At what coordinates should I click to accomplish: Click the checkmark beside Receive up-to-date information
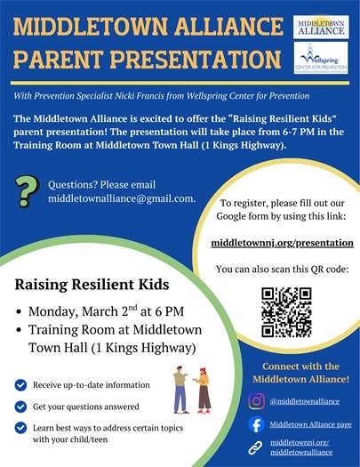(x=20, y=384)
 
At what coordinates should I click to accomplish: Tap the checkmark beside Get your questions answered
(x=20, y=406)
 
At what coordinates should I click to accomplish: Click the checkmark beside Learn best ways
(x=20, y=427)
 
